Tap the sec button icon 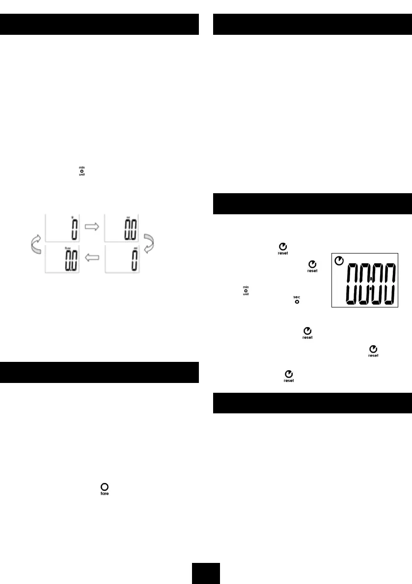coord(297,299)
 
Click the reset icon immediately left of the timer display coord(312,266)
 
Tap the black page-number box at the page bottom coord(206,573)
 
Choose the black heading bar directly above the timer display coord(312,203)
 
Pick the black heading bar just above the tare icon coord(100,372)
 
